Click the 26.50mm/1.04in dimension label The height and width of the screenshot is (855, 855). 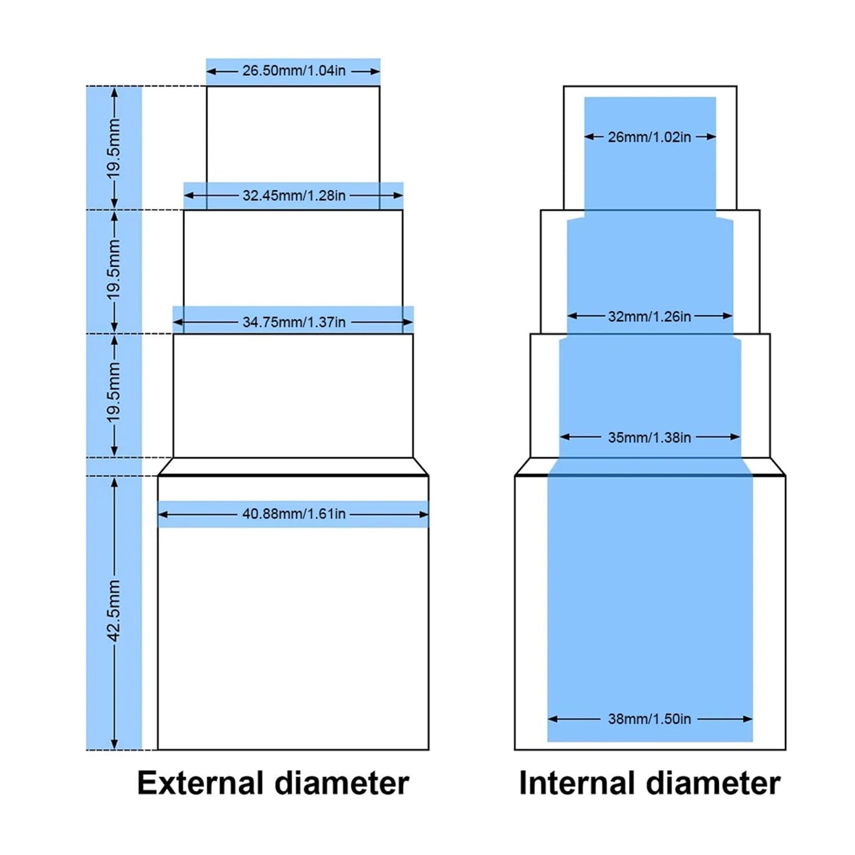click(x=294, y=71)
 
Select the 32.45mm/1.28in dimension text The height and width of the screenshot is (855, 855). click(x=294, y=196)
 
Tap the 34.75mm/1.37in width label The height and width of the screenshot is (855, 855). click(x=294, y=322)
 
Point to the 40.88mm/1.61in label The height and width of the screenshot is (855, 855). click(x=294, y=514)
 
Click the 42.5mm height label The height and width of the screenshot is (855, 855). click(x=114, y=611)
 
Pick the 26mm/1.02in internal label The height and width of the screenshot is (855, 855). click(x=649, y=137)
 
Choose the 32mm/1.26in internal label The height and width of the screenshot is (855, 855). click(x=649, y=316)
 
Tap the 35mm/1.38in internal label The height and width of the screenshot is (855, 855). click(x=649, y=438)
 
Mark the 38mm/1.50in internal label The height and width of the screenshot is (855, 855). click(x=649, y=719)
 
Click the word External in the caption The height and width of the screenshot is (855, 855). click(x=201, y=783)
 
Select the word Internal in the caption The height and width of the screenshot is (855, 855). click(x=578, y=783)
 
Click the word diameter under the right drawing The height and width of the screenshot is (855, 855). click(x=713, y=783)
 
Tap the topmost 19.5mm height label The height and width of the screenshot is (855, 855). click(x=114, y=148)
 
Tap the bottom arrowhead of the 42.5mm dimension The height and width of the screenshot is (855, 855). click(x=114, y=744)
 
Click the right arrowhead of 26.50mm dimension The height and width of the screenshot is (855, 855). click(x=375, y=71)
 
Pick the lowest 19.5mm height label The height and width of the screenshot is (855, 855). click(x=114, y=392)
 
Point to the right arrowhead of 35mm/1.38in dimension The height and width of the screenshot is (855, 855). click(x=735, y=437)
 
